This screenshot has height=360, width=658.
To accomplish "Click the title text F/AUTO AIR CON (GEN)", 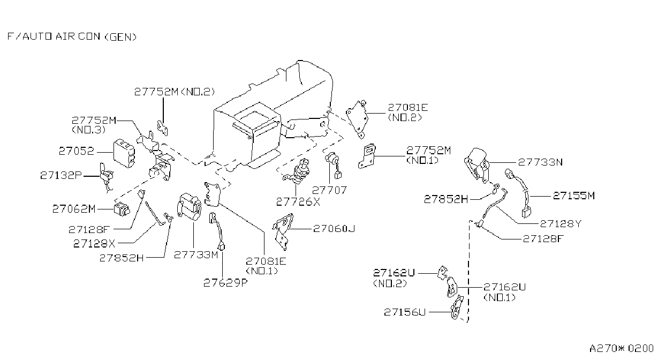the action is point(72,36).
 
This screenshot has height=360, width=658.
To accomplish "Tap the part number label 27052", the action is point(77,151).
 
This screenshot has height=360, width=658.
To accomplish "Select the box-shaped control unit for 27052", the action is point(124,153).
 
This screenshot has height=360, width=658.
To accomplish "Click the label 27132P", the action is point(61,175).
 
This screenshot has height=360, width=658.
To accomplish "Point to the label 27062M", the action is point(74,209).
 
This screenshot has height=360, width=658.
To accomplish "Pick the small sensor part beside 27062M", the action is point(122,209).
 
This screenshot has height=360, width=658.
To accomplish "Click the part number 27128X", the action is point(94,243).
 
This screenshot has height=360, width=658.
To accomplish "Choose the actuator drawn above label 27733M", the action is point(190,207).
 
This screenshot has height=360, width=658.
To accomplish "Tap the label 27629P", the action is point(225,283).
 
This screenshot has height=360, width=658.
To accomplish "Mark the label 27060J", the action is point(334,229).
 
